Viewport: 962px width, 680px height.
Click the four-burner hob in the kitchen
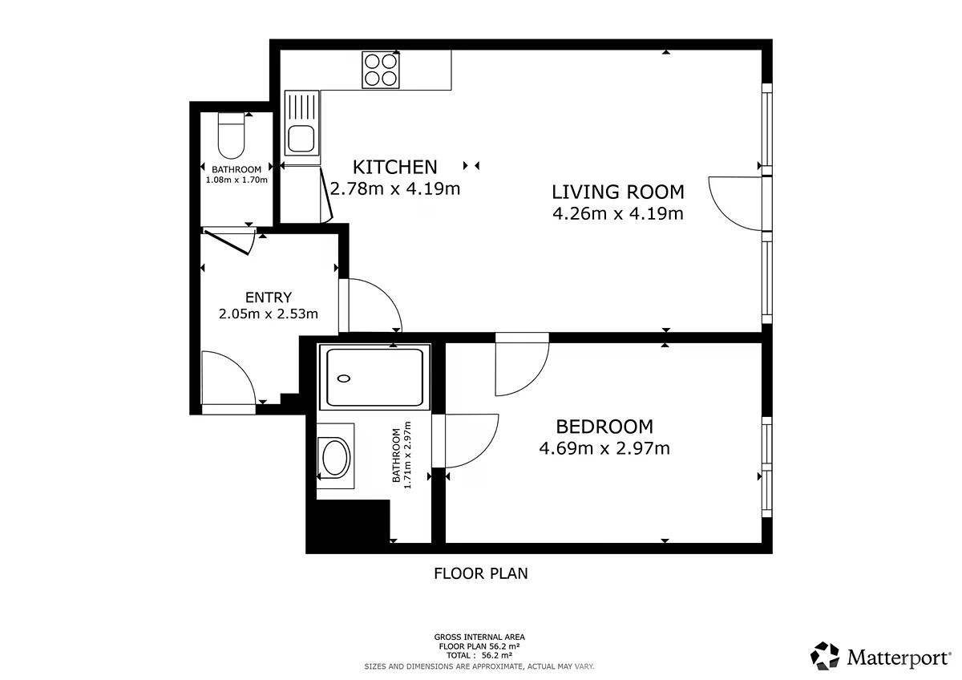[x=381, y=70]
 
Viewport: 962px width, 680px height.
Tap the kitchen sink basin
[x=301, y=137]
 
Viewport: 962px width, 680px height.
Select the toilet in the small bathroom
[x=231, y=136]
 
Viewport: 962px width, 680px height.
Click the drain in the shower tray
[x=344, y=378]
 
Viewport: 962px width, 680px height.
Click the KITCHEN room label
[x=394, y=167]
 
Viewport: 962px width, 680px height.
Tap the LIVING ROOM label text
[x=617, y=192]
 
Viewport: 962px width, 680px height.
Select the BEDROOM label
[x=604, y=427]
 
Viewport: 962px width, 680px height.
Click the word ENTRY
[x=269, y=297]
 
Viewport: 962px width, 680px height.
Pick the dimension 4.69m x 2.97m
[x=604, y=448]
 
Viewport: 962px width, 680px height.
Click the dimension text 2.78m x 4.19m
[x=394, y=188]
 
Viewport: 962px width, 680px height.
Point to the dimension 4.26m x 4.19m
[x=617, y=213]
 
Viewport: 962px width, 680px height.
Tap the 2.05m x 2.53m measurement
[x=269, y=314]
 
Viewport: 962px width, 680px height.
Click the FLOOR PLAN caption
[x=480, y=573]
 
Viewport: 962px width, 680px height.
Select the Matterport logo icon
[x=825, y=656]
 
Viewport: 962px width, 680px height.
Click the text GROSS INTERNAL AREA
[x=479, y=637]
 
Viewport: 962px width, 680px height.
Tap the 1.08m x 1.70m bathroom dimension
[x=236, y=180]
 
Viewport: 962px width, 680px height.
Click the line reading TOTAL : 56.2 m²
[x=479, y=655]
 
